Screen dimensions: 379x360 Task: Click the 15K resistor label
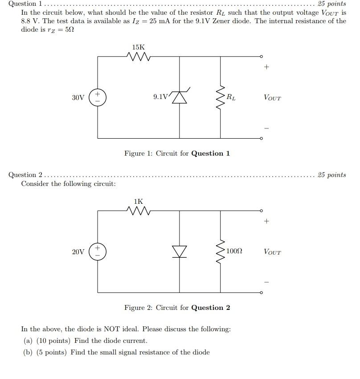139,47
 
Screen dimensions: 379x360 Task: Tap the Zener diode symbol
179,97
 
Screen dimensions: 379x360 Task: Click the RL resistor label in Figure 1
231,97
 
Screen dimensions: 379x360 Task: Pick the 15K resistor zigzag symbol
139,57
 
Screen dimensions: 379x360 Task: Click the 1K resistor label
139,202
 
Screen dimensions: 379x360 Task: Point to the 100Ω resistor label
234,251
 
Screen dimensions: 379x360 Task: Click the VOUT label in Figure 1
272,98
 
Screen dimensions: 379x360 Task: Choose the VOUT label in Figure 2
272,252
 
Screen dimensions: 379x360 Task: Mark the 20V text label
78,252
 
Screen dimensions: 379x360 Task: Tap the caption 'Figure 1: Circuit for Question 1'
177,153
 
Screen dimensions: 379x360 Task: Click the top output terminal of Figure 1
262,57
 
